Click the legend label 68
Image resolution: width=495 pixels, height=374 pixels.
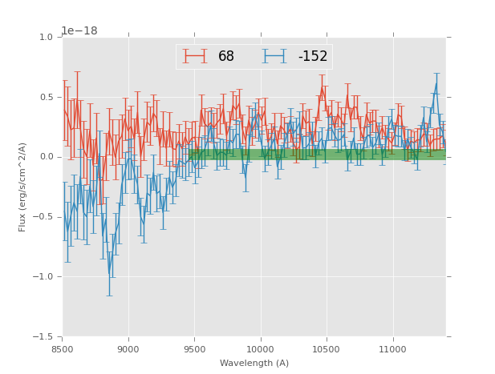pos(226,57)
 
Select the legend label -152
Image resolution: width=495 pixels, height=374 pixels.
pos(313,57)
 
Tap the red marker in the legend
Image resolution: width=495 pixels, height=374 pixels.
pos(195,56)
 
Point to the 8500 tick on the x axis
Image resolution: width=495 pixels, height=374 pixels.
pos(63,349)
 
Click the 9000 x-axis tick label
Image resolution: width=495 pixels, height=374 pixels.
pos(128,349)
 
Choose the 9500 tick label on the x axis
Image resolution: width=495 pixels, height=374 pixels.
pos(195,349)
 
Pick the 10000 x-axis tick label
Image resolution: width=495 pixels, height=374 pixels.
pos(261,349)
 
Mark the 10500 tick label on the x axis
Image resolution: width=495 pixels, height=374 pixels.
pos(327,349)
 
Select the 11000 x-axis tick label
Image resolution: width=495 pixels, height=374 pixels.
pos(393,349)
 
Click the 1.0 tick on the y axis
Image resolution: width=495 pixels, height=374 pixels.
pos(46,38)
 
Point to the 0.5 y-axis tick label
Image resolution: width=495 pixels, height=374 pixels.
pos(46,98)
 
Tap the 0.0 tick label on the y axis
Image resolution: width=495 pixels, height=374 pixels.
pos(46,157)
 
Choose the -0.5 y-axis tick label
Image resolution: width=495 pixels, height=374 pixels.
pos(43,217)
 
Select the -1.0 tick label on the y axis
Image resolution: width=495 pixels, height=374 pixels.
pos(43,277)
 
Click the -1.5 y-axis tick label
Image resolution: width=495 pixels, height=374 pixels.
pos(43,337)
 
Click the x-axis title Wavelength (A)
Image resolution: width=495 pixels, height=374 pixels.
pos(254,364)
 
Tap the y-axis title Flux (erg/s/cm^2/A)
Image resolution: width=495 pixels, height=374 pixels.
pos(23,187)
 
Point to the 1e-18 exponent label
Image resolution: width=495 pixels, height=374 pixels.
pos(80,31)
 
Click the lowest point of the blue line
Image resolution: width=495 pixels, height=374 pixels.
pos(110,275)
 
